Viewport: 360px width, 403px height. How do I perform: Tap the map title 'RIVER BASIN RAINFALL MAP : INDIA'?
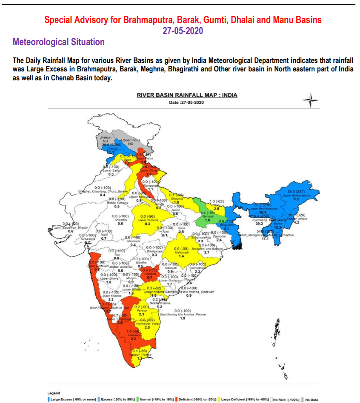pyautogui.click(x=187, y=95)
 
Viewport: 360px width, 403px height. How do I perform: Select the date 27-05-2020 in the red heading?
pyautogui.click(x=183, y=31)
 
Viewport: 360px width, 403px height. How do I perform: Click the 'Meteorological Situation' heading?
pyautogui.click(x=59, y=42)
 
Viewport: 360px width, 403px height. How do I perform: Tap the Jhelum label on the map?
pyautogui.click(x=105, y=138)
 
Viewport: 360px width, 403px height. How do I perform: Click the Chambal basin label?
pyautogui.click(x=120, y=220)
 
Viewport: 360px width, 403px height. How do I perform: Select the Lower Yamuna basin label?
pyautogui.click(x=147, y=220)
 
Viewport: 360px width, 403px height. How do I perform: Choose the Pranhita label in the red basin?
pyautogui.click(x=149, y=274)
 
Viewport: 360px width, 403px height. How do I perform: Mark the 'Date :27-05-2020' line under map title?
pyautogui.click(x=187, y=102)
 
